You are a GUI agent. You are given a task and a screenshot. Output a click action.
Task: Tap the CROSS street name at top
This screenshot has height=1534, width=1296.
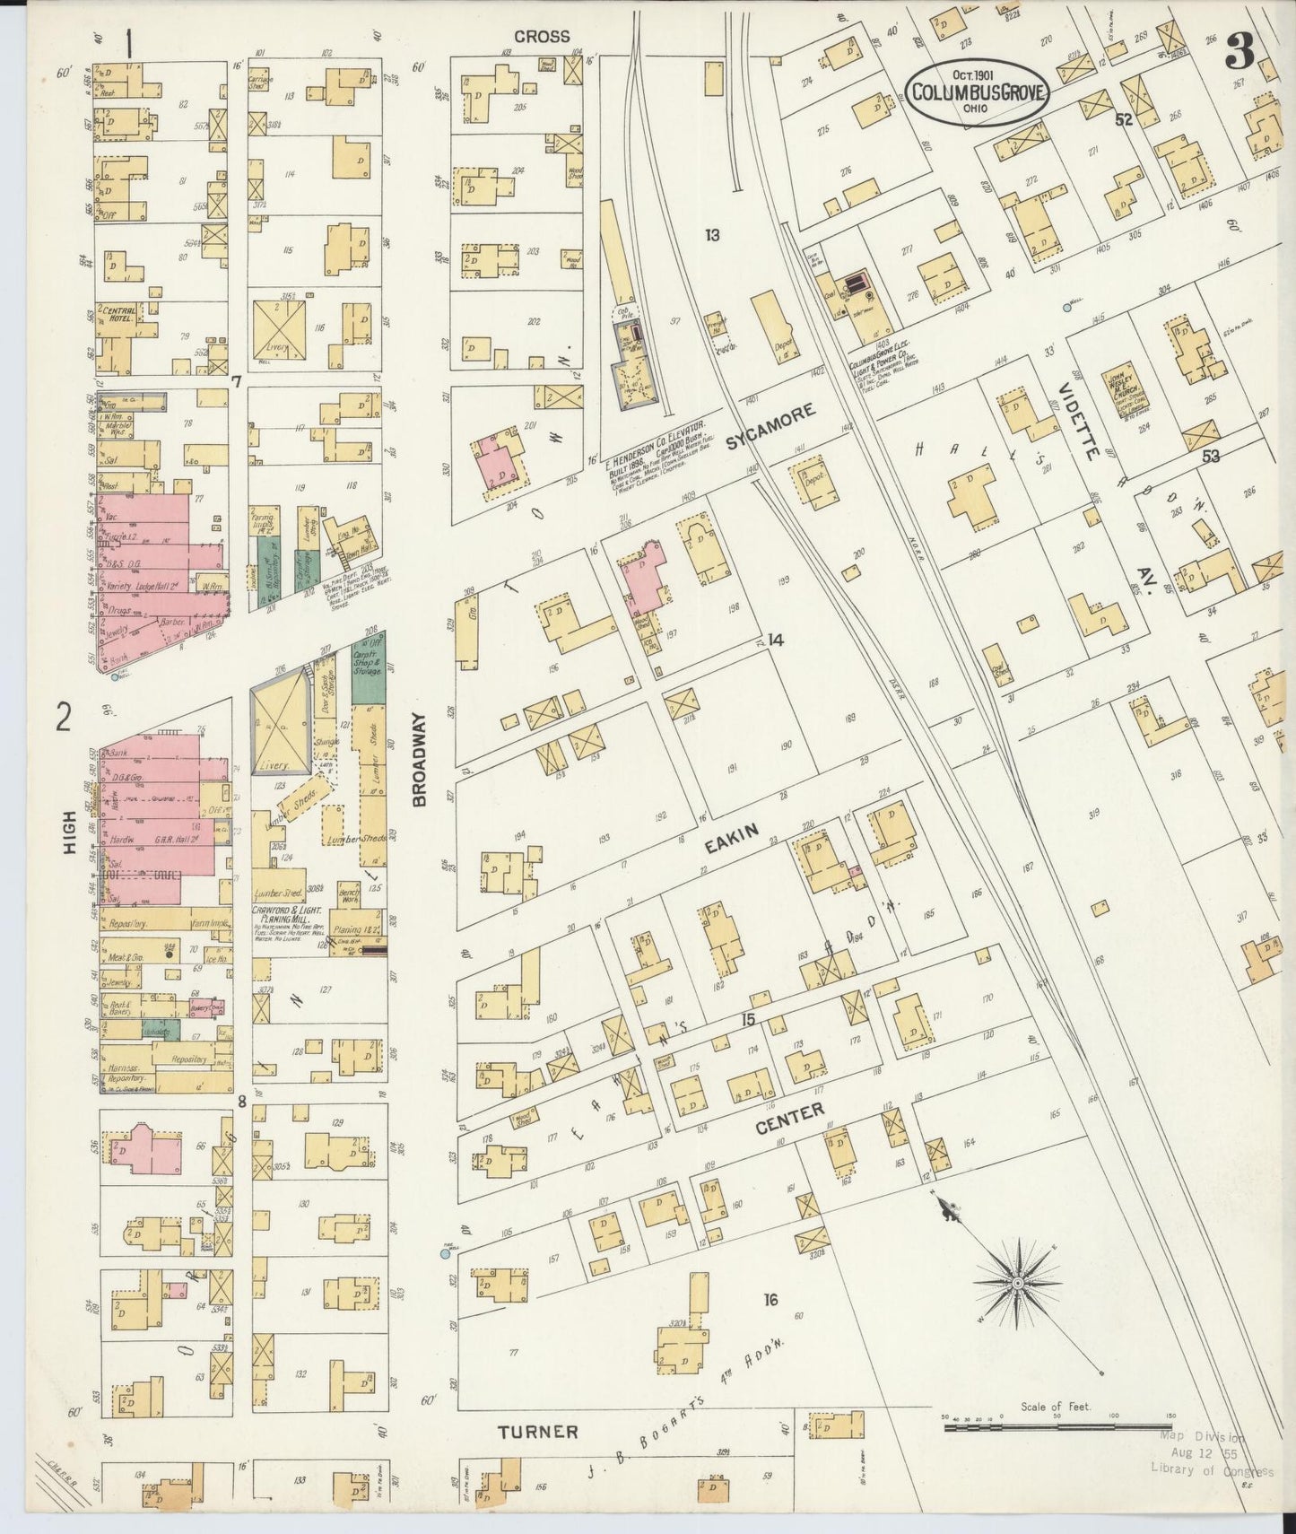click(542, 37)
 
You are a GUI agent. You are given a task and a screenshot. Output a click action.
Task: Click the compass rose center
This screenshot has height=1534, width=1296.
click(1018, 1286)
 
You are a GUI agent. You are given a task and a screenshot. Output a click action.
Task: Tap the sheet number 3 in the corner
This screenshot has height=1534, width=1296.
click(1239, 56)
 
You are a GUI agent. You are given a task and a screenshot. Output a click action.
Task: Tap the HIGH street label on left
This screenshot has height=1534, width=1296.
click(69, 841)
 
